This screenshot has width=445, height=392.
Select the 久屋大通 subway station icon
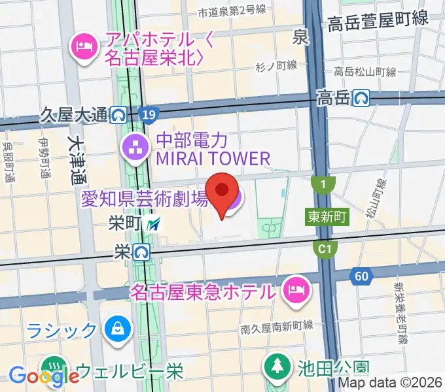[118, 116]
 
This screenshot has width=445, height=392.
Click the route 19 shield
[149, 116]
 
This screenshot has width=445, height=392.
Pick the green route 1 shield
[323, 186]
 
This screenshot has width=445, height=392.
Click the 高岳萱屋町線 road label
[378, 21]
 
